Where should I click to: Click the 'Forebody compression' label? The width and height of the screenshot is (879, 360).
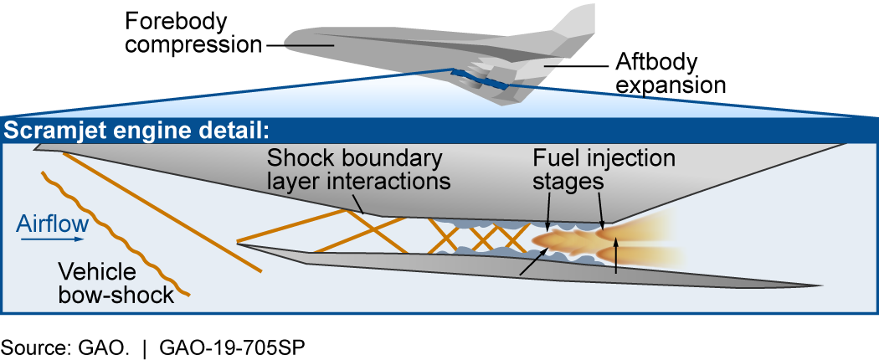click(x=192, y=33)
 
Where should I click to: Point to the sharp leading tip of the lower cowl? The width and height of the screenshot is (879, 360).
click(x=239, y=244)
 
